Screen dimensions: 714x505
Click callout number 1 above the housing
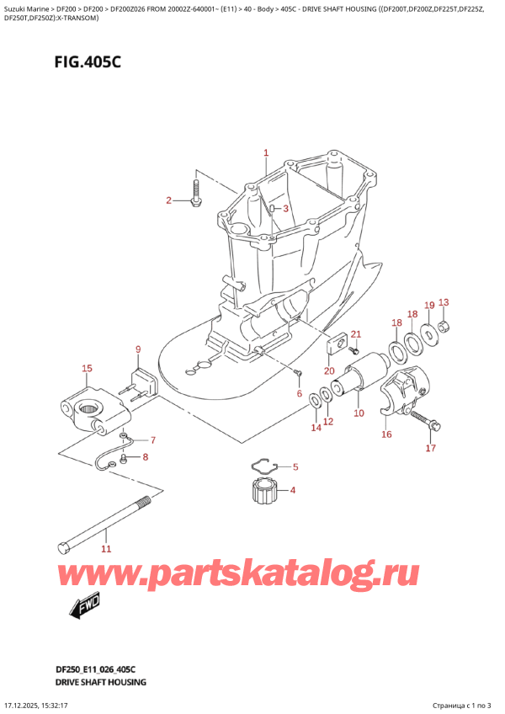pyautogui.click(x=265, y=153)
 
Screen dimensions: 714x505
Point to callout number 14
pyautogui.click(x=316, y=428)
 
